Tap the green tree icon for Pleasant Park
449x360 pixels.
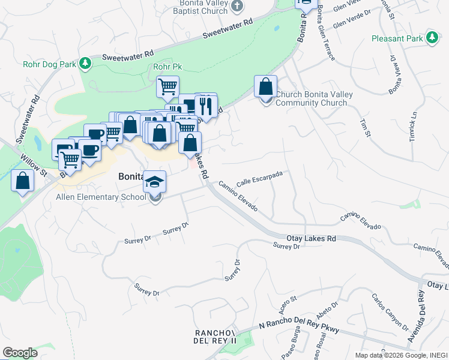click(x=432, y=38)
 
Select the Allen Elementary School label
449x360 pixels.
click(x=101, y=197)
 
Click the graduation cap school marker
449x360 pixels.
click(x=155, y=181)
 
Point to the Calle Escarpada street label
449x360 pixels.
click(x=259, y=178)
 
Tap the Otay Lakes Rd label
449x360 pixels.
click(x=310, y=239)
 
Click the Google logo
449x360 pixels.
click(x=20, y=353)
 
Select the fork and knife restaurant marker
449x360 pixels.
click(x=205, y=107)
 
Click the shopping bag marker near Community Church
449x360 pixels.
click(x=265, y=88)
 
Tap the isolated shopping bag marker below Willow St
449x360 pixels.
click(x=22, y=181)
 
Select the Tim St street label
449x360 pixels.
click(x=365, y=127)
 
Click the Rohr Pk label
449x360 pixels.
click(x=167, y=67)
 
